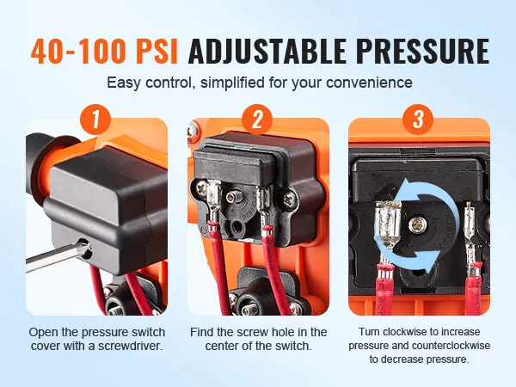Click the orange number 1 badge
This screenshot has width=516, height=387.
[x=95, y=120]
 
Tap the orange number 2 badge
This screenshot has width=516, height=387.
[x=257, y=120]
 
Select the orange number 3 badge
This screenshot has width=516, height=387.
[x=418, y=120]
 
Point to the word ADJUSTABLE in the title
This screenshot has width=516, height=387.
[x=267, y=52]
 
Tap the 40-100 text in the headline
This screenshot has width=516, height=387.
[x=78, y=52]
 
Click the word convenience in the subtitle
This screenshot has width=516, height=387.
[x=369, y=83]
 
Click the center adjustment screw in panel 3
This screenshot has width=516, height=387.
[x=418, y=225]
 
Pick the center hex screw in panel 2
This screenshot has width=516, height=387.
[x=234, y=197]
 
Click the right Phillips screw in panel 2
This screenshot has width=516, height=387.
[x=291, y=199]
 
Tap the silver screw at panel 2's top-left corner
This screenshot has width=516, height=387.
[x=192, y=131]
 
